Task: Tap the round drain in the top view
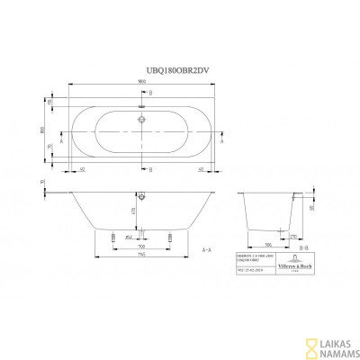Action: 141,115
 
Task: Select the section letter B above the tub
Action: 151,93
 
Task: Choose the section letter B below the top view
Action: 151,169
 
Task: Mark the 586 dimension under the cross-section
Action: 270,244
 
